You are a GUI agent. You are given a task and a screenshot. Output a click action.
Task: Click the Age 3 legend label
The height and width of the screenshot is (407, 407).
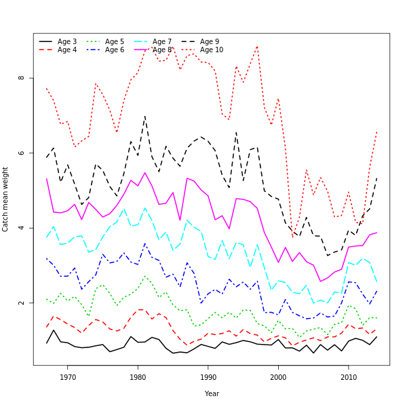coord(67,42)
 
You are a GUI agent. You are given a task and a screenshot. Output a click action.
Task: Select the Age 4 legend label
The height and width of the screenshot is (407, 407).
coord(67,50)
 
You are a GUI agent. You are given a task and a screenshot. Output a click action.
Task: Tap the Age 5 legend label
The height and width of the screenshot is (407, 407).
coord(115,42)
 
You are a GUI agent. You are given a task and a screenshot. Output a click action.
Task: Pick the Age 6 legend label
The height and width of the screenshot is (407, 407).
coord(115,50)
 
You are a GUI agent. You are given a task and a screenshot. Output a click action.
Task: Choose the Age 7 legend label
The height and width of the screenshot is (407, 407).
coord(162,42)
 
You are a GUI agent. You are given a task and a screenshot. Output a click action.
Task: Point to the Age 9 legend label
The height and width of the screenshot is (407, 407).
coord(210,42)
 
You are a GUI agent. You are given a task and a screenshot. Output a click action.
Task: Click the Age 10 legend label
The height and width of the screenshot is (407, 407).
coord(212,50)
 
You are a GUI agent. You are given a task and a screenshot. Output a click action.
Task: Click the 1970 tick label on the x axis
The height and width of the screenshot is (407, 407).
coord(68,377)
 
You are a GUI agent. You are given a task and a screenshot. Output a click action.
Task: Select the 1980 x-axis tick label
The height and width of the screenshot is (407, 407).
coord(138,377)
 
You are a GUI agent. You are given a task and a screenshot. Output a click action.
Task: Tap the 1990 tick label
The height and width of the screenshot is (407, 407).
coord(208,377)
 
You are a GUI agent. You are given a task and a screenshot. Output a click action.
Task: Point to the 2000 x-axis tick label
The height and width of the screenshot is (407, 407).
coord(278,377)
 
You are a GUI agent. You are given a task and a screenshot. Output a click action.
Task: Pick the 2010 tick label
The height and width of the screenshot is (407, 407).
coord(349,377)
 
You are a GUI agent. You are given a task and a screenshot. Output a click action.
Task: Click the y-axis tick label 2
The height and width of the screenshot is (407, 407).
coord(22,303)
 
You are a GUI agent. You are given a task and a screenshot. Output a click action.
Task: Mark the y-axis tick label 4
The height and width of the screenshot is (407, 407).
coord(22,228)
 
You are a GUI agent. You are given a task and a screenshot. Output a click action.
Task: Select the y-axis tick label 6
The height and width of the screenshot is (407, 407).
coord(22,153)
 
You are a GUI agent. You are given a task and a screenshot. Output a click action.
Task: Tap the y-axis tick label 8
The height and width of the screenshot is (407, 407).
coord(22,78)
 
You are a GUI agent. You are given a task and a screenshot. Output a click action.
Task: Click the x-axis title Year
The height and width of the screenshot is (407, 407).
coord(212,393)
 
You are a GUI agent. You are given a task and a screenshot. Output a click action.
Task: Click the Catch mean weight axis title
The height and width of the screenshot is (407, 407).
coord(6,199)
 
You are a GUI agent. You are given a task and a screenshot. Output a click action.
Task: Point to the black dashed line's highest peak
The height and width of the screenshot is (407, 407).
coord(144,115)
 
